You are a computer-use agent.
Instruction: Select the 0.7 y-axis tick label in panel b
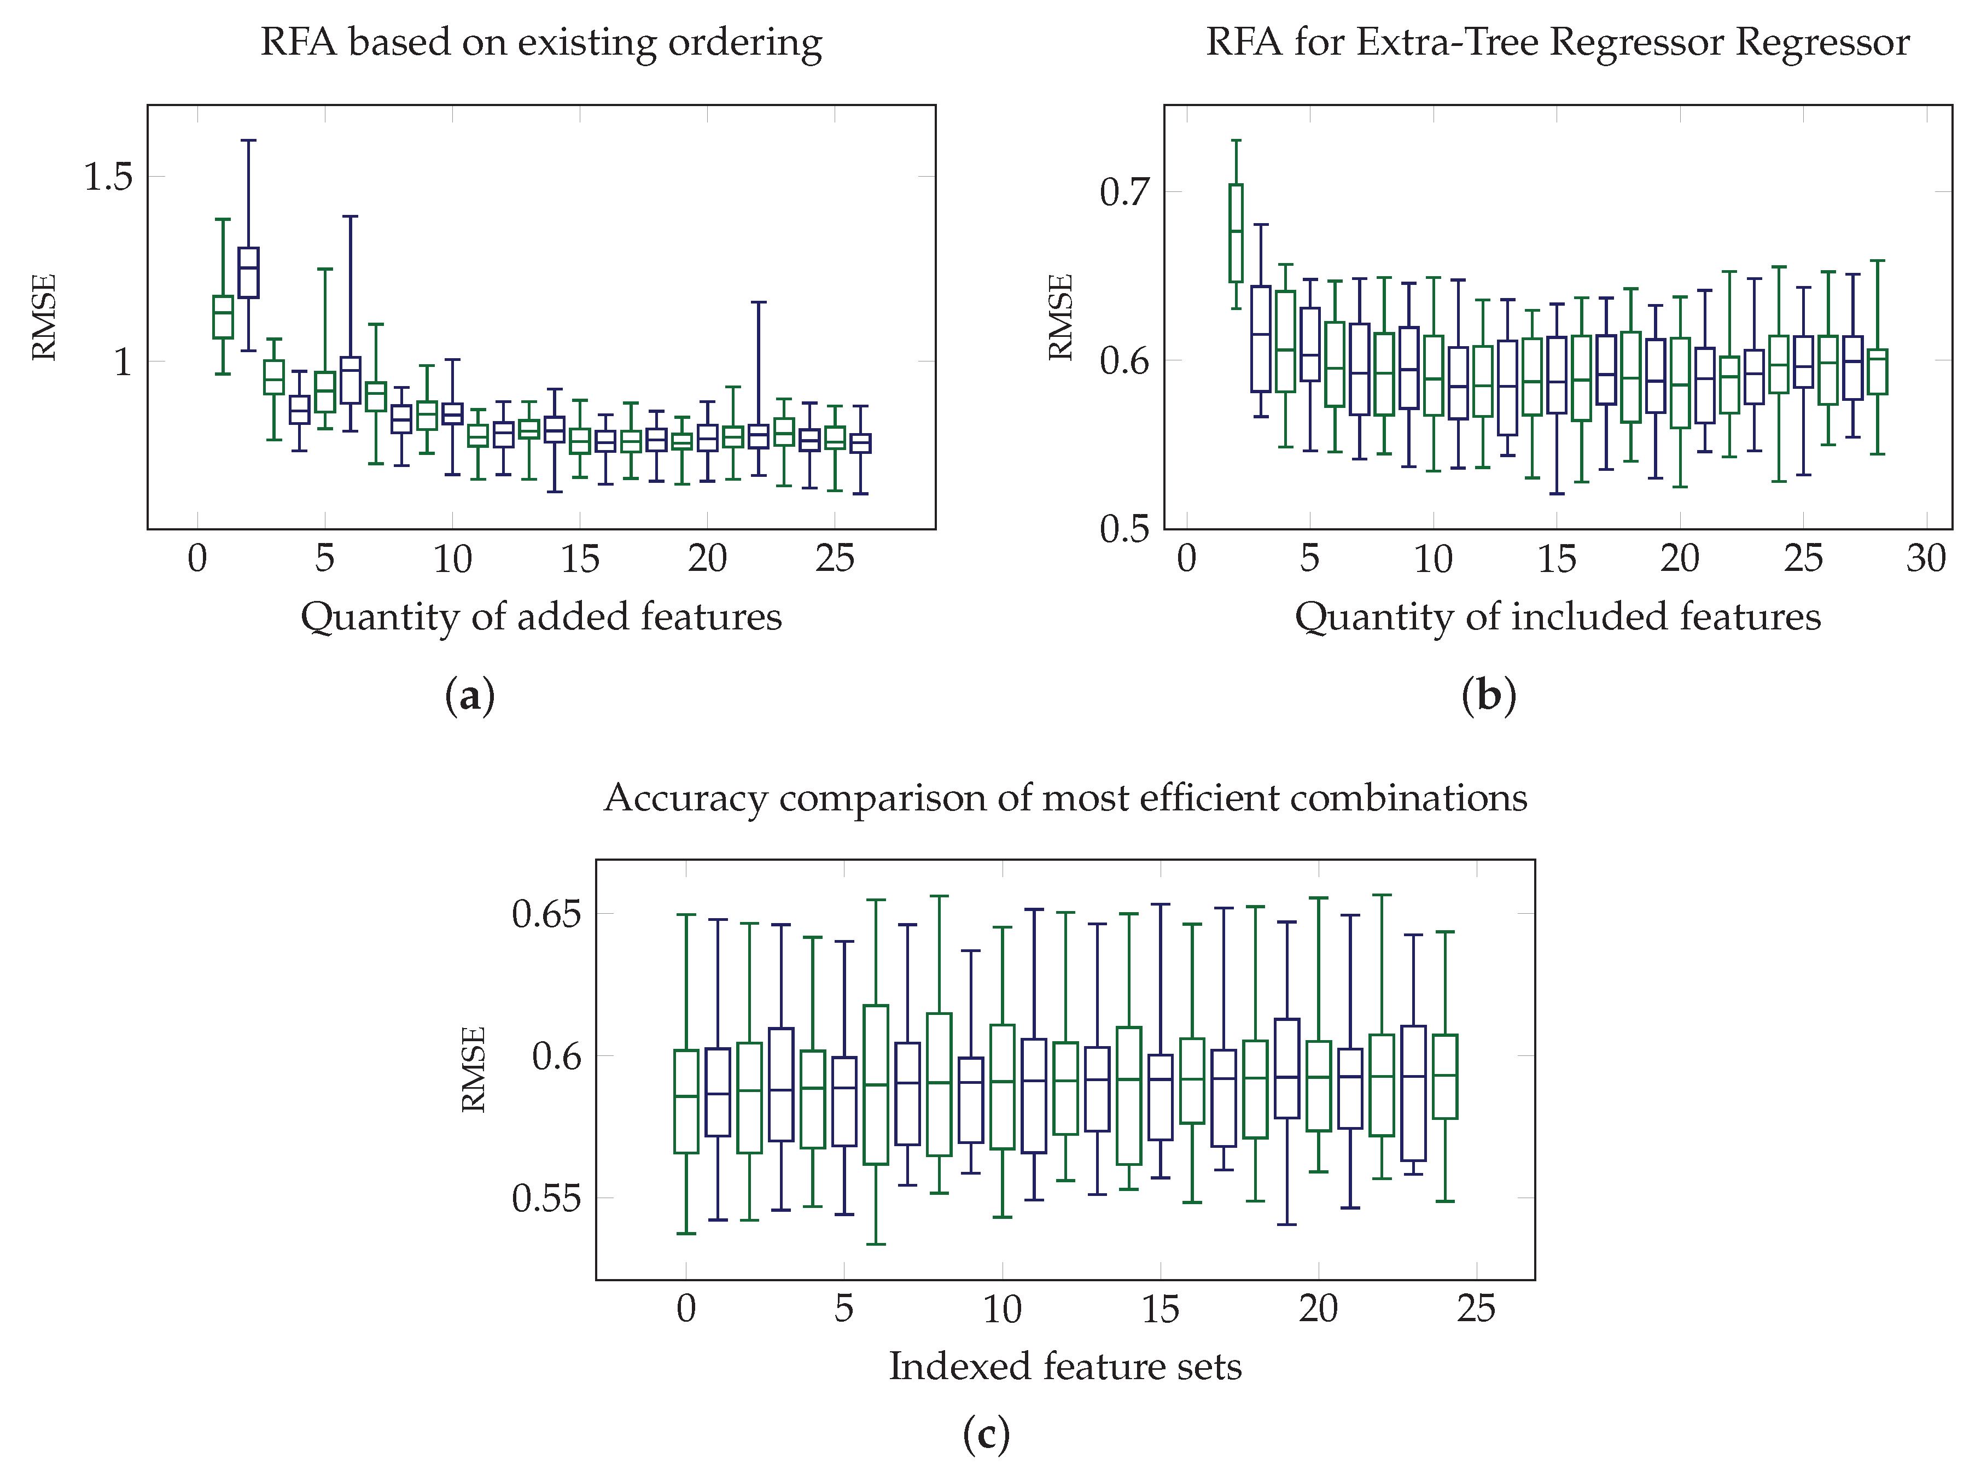[1124, 191]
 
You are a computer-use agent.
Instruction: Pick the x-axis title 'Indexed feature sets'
[1065, 1367]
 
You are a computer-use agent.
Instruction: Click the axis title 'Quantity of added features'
[540, 616]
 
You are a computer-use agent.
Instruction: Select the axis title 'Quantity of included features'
[1557, 616]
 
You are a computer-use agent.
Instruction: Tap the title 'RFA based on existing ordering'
[540, 42]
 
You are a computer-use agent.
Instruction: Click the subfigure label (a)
[469, 696]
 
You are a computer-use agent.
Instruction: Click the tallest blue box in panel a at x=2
[248, 272]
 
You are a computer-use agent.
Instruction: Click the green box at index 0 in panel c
[685, 1101]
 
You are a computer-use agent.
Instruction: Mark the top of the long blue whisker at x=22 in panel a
[759, 303]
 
